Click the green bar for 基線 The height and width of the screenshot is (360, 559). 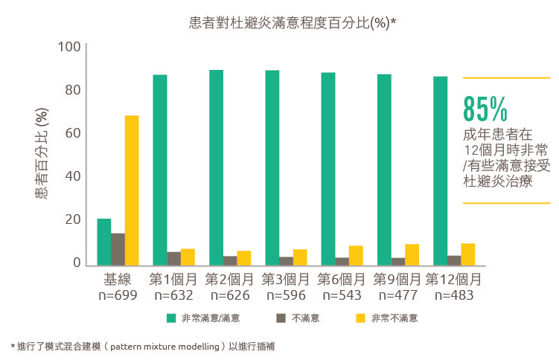(104, 242)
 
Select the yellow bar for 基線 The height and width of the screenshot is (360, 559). (132, 190)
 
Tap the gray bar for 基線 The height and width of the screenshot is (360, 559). (118, 249)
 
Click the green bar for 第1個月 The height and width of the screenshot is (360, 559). (160, 170)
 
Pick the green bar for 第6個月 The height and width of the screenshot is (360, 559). (328, 169)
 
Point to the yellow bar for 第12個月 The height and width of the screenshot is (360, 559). (468, 254)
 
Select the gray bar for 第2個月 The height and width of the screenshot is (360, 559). (230, 260)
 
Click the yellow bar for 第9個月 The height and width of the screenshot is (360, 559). (412, 254)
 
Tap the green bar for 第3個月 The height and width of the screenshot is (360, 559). (272, 167)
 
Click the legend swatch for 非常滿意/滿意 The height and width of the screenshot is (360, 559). (172, 318)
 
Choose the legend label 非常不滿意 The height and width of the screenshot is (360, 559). (394, 318)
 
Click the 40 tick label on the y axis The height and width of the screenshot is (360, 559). (71, 176)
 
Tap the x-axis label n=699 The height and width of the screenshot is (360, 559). (118, 295)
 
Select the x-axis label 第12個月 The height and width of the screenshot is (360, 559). (453, 280)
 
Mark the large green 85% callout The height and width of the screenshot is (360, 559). (485, 109)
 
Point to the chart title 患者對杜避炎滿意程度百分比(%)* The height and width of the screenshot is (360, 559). (293, 22)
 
